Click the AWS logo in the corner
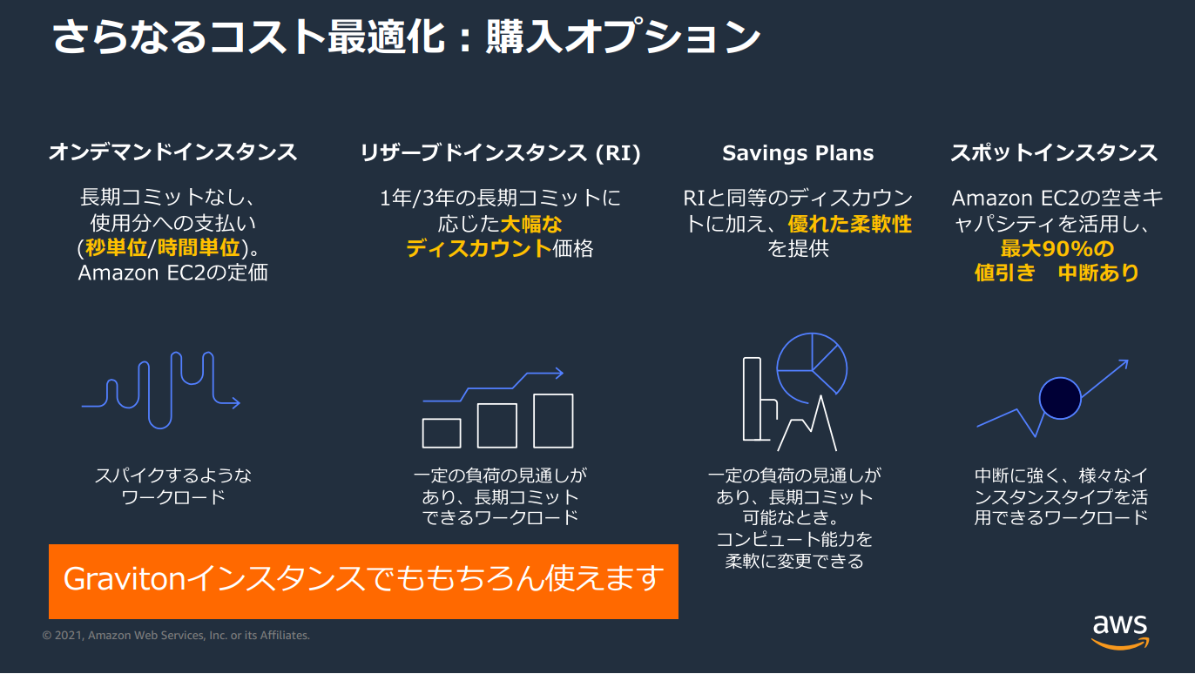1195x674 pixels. pyautogui.click(x=1120, y=632)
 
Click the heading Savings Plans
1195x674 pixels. pyautogui.click(x=798, y=153)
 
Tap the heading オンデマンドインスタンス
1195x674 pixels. pyautogui.click(x=172, y=152)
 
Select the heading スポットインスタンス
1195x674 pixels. pyautogui.click(x=1055, y=153)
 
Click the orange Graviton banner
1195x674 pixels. pyautogui.click(x=363, y=581)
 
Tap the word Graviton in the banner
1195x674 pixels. pyautogui.click(x=125, y=578)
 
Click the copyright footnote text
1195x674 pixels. pyautogui.click(x=176, y=635)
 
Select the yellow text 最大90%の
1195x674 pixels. pyautogui.click(x=1057, y=248)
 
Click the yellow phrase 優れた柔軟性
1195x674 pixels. pyautogui.click(x=849, y=224)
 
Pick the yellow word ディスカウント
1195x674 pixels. pyautogui.click(x=478, y=248)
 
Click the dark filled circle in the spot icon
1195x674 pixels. pyautogui.click(x=1060, y=398)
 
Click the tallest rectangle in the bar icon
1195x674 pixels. pyautogui.click(x=553, y=421)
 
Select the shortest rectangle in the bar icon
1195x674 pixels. pyautogui.click(x=442, y=433)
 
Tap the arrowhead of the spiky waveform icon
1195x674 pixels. pyautogui.click(x=235, y=402)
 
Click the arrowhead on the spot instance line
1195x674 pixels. pyautogui.click(x=1123, y=364)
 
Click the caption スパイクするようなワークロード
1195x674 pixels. pyautogui.click(x=172, y=486)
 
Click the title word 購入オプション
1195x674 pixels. pyautogui.click(x=624, y=37)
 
